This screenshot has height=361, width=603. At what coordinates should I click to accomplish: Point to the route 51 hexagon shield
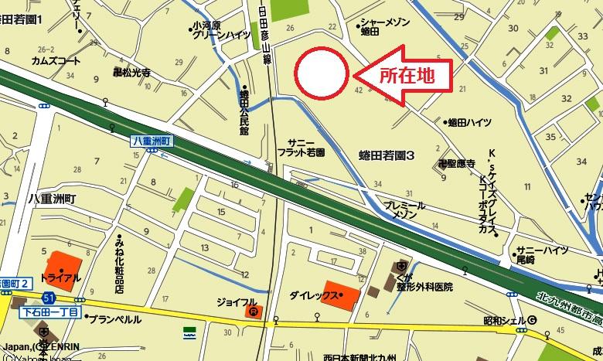pos(49,298)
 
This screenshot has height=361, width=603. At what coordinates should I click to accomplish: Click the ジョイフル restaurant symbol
pos(251,312)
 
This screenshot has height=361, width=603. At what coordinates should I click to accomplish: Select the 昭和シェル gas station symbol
pos(533,321)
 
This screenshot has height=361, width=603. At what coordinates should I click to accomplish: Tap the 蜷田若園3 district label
pos(387,155)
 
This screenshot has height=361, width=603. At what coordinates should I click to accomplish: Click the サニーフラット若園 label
pos(301,148)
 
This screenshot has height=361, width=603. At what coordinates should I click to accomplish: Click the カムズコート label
pos(56,60)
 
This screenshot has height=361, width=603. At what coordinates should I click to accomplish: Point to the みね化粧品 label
pos(121,261)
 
